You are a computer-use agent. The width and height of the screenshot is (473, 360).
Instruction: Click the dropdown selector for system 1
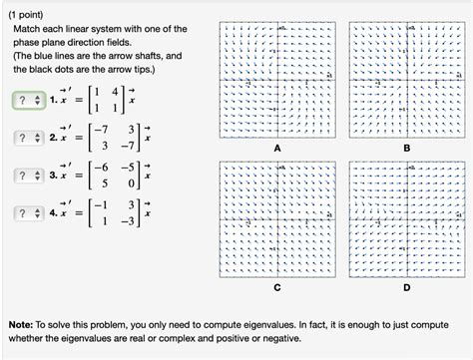[26, 101]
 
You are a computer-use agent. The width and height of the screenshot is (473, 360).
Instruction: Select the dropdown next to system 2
[26, 139]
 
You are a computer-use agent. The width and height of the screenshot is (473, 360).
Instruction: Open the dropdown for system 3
[26, 177]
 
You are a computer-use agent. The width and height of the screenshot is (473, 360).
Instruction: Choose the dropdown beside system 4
[26, 214]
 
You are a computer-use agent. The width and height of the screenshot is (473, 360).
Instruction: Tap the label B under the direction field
[406, 147]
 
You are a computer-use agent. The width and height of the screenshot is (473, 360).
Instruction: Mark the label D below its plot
[406, 286]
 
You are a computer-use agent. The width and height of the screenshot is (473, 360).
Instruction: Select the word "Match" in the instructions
[29, 31]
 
